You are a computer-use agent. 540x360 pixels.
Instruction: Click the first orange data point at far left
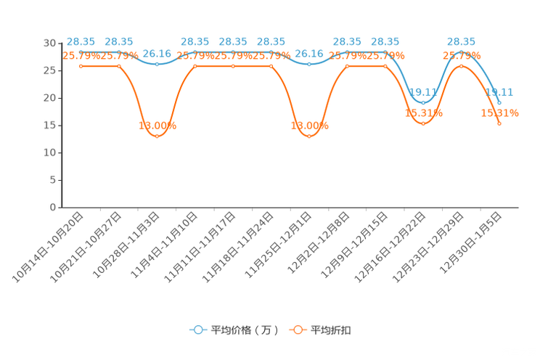[x=81, y=66]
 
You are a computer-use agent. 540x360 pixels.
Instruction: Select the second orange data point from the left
[x=119, y=66]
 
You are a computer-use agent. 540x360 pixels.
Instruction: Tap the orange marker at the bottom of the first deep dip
[x=157, y=136]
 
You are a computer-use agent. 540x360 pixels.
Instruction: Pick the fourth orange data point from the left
[x=195, y=66]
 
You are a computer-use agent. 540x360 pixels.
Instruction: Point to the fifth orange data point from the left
[x=233, y=66]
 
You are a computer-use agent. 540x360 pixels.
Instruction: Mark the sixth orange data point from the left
[x=271, y=66]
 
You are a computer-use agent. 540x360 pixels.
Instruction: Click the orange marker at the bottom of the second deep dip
[x=309, y=136]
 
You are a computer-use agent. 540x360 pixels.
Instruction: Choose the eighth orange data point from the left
[x=348, y=66]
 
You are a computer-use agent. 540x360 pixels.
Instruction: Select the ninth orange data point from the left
[x=385, y=66]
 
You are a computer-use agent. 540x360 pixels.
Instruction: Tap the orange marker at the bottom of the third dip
[x=424, y=124]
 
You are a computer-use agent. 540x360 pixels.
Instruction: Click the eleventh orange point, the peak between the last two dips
[x=462, y=66]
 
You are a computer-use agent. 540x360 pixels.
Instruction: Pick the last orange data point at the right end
[x=500, y=124]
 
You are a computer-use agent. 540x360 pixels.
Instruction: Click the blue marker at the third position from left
[x=157, y=65]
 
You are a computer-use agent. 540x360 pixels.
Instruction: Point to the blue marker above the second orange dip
[x=309, y=65]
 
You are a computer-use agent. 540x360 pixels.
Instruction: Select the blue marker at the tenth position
[x=424, y=103]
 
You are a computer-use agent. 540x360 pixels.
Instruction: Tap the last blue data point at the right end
[x=500, y=103]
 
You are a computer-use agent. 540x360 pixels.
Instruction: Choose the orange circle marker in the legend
[x=298, y=330]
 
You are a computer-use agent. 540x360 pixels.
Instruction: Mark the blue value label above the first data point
[x=81, y=41]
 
